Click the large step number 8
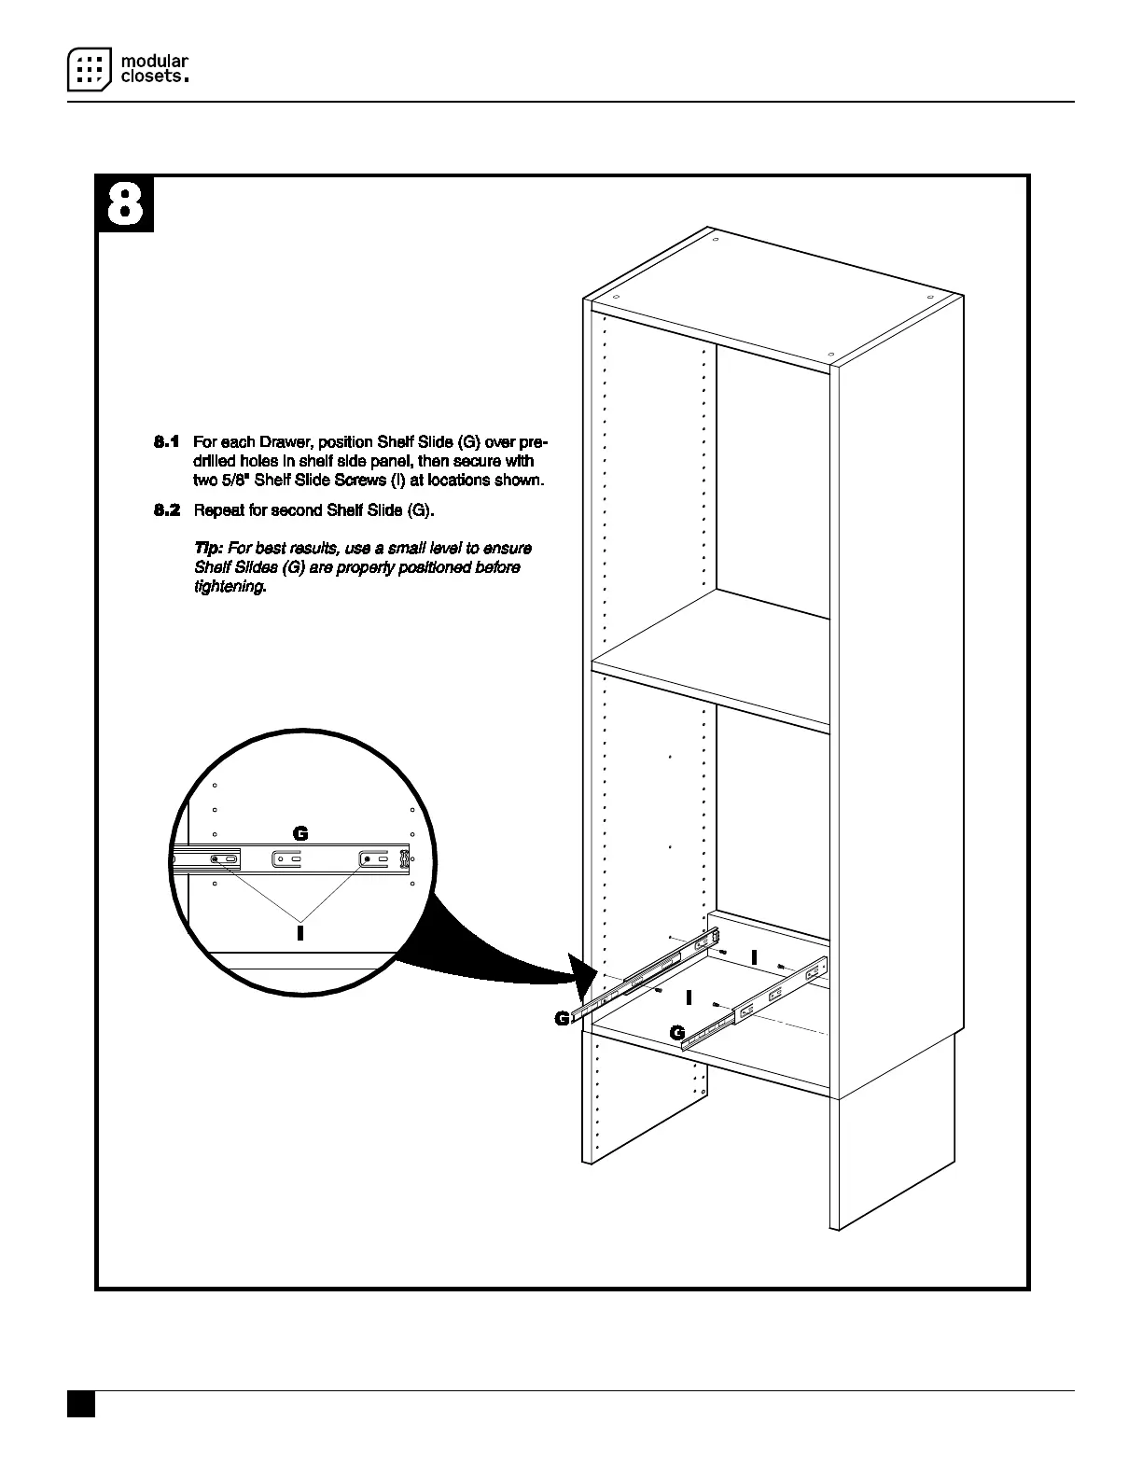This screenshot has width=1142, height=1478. coord(125,204)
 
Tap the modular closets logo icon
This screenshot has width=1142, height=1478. coord(89,69)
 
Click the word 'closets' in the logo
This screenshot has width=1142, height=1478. coord(152,77)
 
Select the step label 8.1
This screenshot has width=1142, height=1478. coord(166,441)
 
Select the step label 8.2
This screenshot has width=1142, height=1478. coord(166,510)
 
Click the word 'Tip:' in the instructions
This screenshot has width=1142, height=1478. coord(208,549)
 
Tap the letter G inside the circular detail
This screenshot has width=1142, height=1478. coord(299,833)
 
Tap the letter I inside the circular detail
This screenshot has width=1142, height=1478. coord(299,932)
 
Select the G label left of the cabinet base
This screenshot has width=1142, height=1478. coord(562,1019)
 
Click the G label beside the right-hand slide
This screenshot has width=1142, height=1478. coord(677,1032)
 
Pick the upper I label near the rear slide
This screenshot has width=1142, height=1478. coord(753,956)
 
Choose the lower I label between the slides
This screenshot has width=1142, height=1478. coord(689,997)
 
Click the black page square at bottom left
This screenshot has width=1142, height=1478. coord(81,1405)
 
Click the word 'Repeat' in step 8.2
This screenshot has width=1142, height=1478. coord(219,510)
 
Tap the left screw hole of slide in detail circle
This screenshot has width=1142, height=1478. coord(216,858)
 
